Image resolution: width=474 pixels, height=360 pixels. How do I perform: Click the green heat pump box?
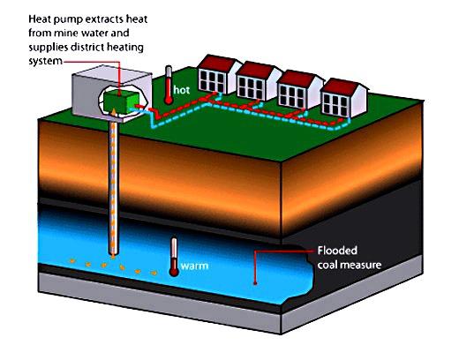[121, 101]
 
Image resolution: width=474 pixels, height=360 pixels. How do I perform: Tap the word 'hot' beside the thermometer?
[182, 90]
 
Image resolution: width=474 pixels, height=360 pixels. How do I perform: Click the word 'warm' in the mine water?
[195, 266]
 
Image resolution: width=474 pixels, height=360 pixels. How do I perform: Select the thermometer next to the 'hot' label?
[169, 86]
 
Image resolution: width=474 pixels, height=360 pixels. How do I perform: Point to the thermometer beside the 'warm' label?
[174, 257]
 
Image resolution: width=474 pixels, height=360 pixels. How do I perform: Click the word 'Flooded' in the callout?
[337, 251]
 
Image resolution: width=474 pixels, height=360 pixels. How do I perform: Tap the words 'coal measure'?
[350, 265]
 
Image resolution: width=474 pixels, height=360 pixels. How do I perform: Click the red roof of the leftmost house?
[216, 63]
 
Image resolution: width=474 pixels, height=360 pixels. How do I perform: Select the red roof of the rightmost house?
[341, 86]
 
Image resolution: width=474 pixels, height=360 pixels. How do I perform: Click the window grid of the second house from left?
[251, 86]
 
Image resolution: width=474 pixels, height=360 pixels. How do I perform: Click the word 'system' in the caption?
[45, 61]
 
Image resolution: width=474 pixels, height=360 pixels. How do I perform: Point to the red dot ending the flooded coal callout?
[255, 283]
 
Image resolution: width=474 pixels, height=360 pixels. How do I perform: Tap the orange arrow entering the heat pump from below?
[113, 113]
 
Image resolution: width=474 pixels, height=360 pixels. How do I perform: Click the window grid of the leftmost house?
[212, 79]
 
